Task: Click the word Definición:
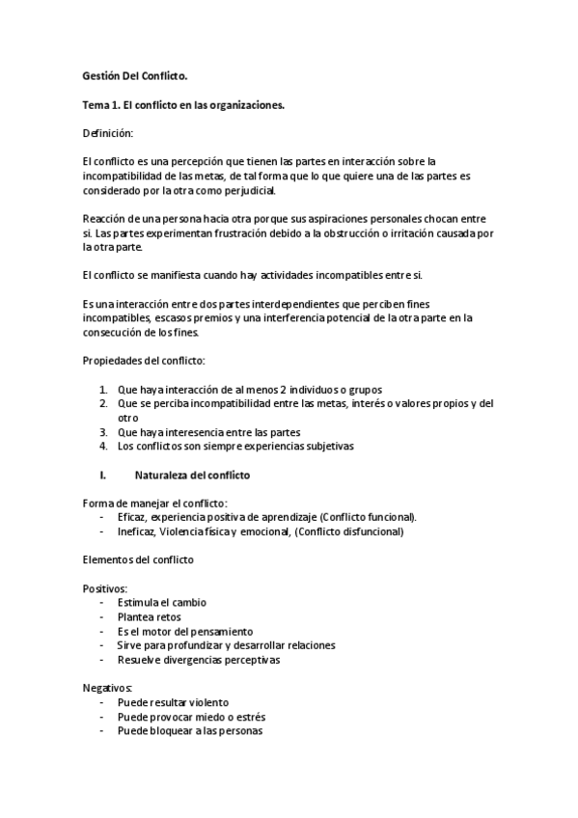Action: pos(109,131)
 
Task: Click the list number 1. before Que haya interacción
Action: pos(103,389)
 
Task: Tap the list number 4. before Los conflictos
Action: pos(103,446)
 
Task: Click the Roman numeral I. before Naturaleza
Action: pos(103,476)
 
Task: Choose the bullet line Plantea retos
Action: pos(149,616)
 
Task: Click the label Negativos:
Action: pos(107,688)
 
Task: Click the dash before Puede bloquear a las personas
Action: pos(102,730)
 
